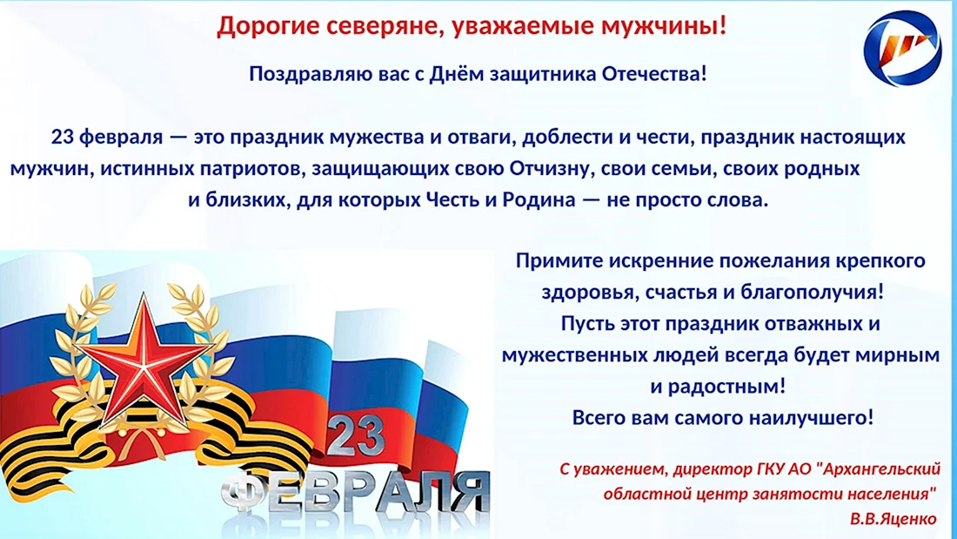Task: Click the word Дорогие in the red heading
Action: (x=268, y=26)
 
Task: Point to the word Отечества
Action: (x=654, y=74)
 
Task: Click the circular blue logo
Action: (x=903, y=48)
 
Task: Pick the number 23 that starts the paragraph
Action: (x=63, y=137)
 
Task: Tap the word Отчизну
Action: (x=552, y=168)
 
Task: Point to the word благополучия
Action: (x=813, y=293)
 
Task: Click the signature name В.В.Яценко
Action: (x=893, y=519)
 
